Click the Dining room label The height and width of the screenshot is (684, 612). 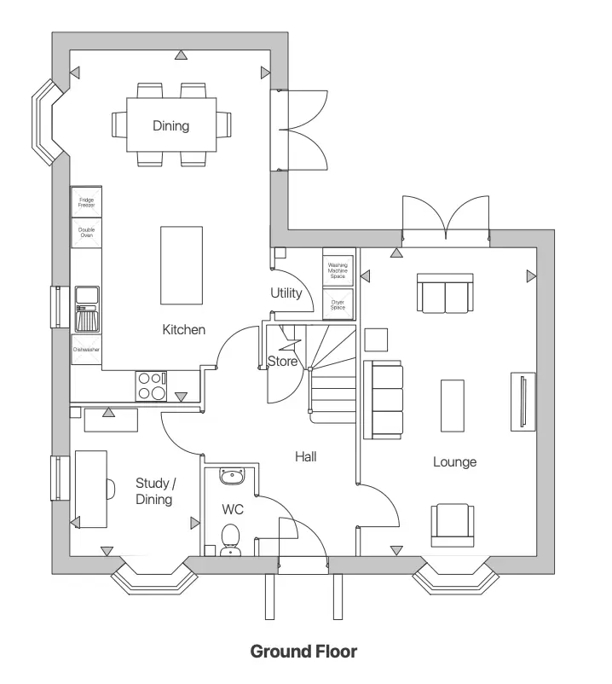[170, 126]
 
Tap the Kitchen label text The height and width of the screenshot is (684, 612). [183, 329]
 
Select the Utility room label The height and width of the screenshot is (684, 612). [286, 293]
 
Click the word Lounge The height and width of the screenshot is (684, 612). [454, 462]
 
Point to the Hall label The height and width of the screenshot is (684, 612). [306, 457]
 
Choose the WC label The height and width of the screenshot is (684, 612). [234, 509]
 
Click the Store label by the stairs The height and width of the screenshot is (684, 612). [283, 362]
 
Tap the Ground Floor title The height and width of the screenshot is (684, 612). [303, 652]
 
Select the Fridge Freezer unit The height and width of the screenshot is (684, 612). [86, 202]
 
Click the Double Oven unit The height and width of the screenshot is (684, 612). [86, 231]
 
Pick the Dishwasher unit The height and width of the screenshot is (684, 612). [86, 349]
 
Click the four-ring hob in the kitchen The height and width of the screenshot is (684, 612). [152, 386]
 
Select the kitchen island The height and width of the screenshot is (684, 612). [182, 265]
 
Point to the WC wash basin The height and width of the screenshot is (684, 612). [231, 475]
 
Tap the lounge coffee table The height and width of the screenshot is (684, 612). [453, 405]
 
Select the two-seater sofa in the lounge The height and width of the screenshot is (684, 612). [444, 293]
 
